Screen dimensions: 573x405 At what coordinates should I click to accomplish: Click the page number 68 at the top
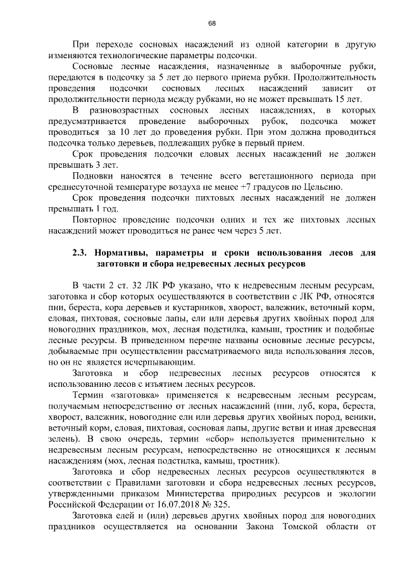[212, 23]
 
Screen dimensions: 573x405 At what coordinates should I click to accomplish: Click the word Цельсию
[325, 187]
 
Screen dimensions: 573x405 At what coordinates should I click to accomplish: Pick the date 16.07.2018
[176, 505]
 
